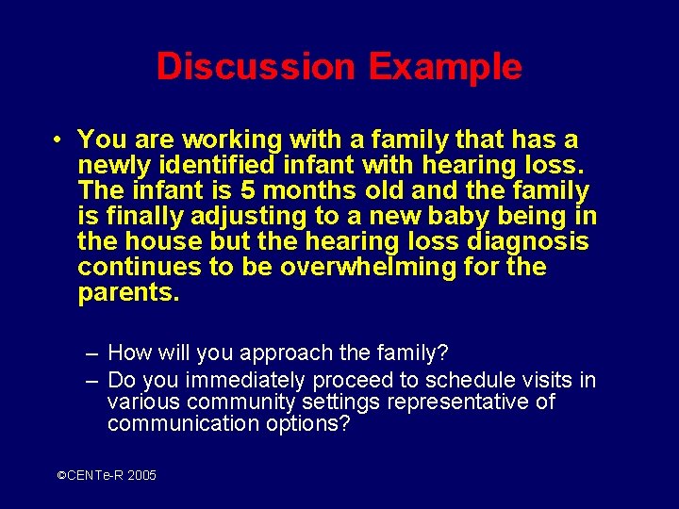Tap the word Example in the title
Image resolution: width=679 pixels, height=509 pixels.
point(445,67)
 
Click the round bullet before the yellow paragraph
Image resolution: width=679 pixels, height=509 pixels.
point(58,140)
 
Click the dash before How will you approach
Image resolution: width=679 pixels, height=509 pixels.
point(91,353)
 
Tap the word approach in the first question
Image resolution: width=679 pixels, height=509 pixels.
point(287,353)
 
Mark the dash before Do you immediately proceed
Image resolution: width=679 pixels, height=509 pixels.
point(91,381)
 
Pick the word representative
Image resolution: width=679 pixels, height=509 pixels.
point(455,402)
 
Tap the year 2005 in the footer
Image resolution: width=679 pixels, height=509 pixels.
point(141,476)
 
